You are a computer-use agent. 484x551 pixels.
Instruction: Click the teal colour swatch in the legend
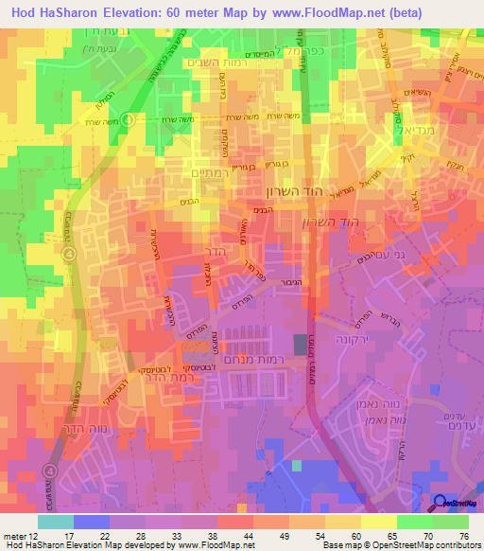55,522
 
